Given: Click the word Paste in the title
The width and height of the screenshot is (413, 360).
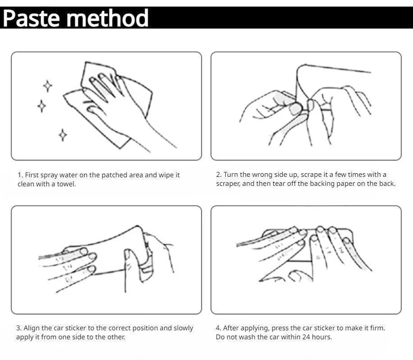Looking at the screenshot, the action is click(32, 18).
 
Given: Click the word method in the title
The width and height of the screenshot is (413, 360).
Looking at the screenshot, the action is click(108, 18).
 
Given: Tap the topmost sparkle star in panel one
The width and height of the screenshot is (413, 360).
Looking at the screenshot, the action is click(48, 86).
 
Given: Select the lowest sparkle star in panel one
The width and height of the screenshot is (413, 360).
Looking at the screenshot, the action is click(63, 135).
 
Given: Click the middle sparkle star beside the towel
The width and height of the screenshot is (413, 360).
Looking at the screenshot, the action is click(41, 106).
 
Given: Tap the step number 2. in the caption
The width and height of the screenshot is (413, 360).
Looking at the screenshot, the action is click(219, 175).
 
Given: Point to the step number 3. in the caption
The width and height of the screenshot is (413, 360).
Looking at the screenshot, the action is click(19, 328).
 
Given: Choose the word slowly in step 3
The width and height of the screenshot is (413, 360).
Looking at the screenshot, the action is click(184, 328).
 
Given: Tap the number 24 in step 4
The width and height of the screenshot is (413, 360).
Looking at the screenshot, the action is click(306, 337).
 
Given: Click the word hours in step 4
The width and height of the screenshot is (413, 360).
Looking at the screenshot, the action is click(322, 337).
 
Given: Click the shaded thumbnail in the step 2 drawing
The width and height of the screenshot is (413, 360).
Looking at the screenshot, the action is click(295, 108).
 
